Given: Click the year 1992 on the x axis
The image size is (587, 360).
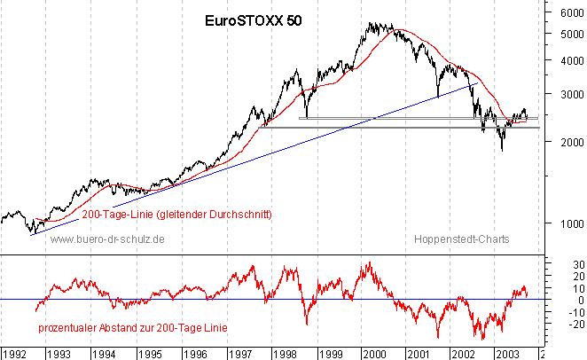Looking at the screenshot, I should coord(15,352).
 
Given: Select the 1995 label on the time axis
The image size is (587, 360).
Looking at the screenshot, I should coord(149,352).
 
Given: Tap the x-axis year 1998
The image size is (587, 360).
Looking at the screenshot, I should coord(285,352).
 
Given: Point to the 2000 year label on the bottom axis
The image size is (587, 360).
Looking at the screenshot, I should coord(374,352).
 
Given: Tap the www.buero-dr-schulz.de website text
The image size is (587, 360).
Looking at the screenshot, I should coord(108,239).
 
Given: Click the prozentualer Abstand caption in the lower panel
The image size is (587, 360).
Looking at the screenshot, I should coord(133,327).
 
